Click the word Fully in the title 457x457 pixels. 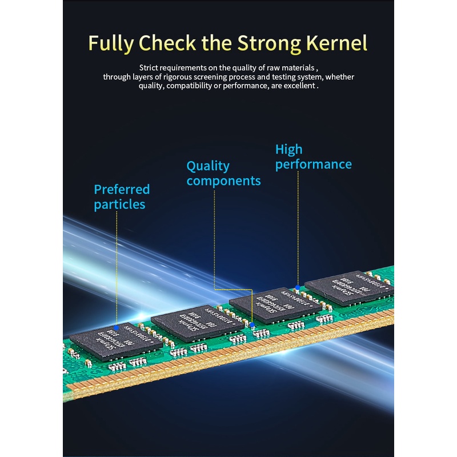(111, 43)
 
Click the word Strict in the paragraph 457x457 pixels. (149, 67)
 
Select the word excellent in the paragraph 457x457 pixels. (297, 86)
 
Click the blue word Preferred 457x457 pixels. (122, 189)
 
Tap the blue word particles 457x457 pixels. (119, 204)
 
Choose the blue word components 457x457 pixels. (223, 181)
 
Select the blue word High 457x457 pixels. (288, 150)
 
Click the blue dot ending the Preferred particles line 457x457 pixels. (117, 328)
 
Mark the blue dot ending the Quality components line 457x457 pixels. (252, 325)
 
